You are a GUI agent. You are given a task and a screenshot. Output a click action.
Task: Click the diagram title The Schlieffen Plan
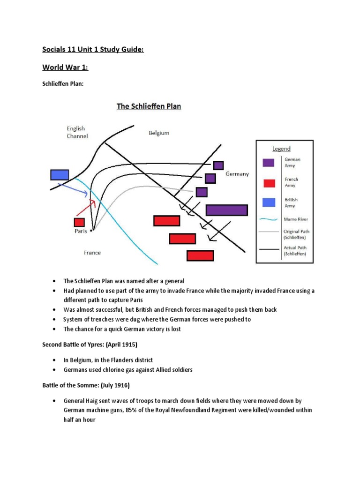tap(149, 106)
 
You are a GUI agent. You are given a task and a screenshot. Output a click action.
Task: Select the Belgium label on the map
tap(158, 133)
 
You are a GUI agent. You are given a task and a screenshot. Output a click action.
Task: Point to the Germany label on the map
tap(237, 174)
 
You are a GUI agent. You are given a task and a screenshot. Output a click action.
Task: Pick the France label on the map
tap(92, 253)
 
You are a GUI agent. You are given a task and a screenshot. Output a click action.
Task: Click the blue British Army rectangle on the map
tap(60, 174)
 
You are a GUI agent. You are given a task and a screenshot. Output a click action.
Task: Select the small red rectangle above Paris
tap(79, 222)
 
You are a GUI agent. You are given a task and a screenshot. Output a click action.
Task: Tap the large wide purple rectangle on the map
tap(226, 210)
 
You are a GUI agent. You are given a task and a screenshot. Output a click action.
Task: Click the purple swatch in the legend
tap(268, 163)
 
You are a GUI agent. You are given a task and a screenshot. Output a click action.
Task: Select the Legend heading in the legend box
tap(282, 149)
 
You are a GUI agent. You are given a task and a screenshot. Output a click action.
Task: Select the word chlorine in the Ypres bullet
tap(114, 370)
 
